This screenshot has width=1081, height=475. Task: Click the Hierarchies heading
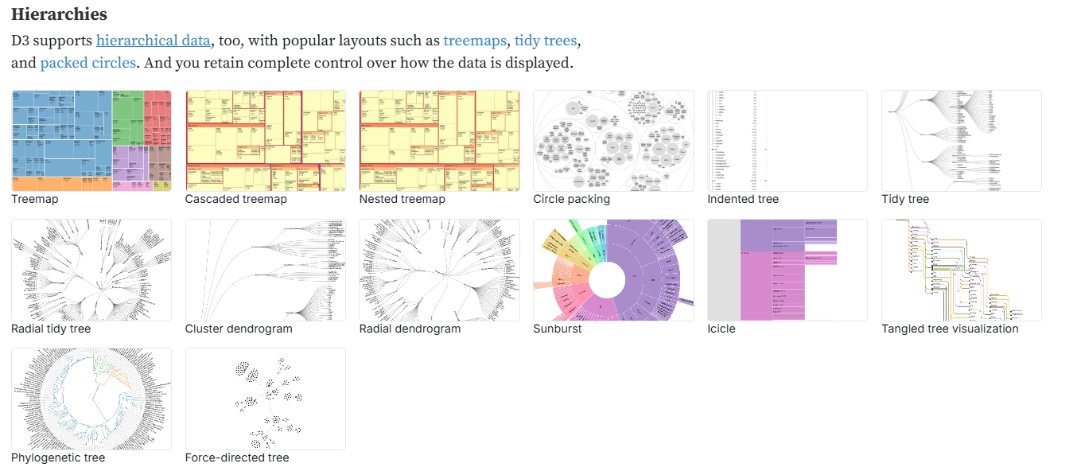point(59,14)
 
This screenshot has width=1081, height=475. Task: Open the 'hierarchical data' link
point(154,40)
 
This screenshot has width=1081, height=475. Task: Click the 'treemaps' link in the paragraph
point(475,40)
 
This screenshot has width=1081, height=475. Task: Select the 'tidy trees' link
point(546,40)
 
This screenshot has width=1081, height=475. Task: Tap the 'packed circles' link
point(88,62)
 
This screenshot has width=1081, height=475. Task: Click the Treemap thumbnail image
point(91,140)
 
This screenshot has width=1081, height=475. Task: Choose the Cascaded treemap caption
point(235,199)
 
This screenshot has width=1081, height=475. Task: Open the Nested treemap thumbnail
point(439,140)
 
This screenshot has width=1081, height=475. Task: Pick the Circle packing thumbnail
point(613,140)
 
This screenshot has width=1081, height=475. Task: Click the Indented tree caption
point(743,199)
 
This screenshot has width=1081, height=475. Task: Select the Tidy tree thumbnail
point(961,140)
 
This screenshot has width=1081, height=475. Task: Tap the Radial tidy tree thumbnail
point(91,270)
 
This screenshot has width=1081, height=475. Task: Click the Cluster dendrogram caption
point(239,328)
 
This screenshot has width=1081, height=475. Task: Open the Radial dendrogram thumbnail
point(439,270)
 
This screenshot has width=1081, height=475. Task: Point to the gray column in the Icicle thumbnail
point(724,270)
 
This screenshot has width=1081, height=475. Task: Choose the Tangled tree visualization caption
point(950,328)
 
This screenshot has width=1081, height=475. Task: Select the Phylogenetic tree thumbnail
point(91,399)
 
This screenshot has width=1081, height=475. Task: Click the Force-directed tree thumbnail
point(265,399)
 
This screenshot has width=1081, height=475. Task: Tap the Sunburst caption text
point(558,328)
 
